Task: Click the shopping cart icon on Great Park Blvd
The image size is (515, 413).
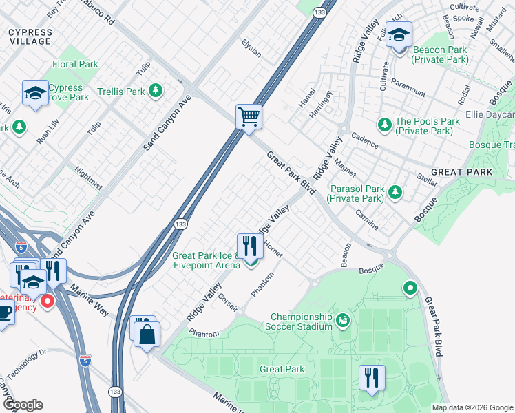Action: tap(249, 116)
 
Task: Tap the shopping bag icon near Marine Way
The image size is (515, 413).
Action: tap(148, 335)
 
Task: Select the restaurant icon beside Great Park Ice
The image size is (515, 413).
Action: tap(250, 246)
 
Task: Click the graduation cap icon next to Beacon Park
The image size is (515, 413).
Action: tap(399, 34)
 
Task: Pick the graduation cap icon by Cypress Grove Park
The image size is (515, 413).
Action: tap(34, 93)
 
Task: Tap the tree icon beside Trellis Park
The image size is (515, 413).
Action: tap(156, 91)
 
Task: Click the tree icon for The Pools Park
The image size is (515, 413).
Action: tap(384, 125)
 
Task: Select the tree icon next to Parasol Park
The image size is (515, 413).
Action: tap(395, 193)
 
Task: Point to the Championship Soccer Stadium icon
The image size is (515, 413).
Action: tap(343, 320)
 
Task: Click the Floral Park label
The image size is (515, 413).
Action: tap(75, 65)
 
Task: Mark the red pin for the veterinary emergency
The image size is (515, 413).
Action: tap(48, 301)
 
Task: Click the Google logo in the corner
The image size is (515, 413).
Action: tap(22, 405)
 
